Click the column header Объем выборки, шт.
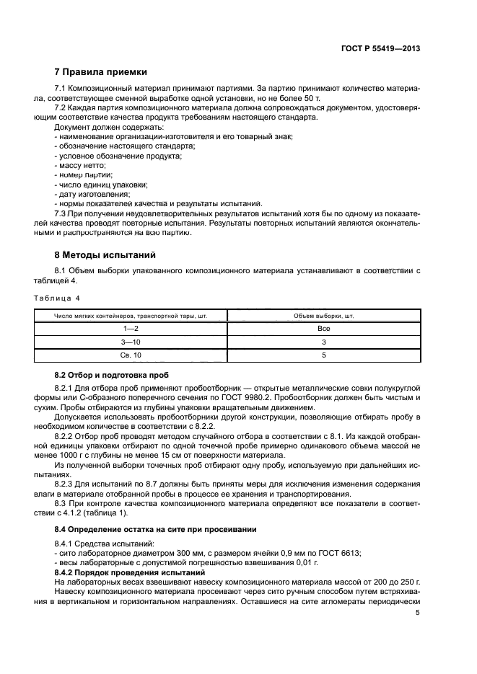[324, 315]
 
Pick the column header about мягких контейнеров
[131, 315]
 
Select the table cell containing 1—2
[131, 328]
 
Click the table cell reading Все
[324, 328]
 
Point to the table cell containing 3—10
[131, 342]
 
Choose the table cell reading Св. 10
[131, 355]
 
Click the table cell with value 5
[324, 355]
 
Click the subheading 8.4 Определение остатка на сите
[155, 529]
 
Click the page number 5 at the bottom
[417, 612]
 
